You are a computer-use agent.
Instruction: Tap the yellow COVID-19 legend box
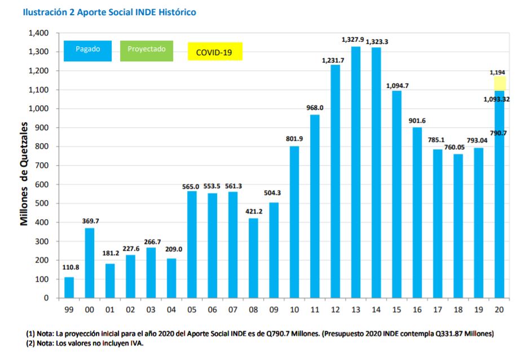click(x=215, y=52)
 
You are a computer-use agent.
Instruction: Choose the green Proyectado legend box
click(x=147, y=51)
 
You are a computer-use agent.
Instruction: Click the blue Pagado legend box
click(x=87, y=51)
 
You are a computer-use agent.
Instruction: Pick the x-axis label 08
click(x=253, y=310)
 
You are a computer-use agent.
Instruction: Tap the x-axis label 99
click(x=69, y=310)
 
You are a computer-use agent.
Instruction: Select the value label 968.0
click(x=315, y=108)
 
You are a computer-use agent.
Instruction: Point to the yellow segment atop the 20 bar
click(x=500, y=83)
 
